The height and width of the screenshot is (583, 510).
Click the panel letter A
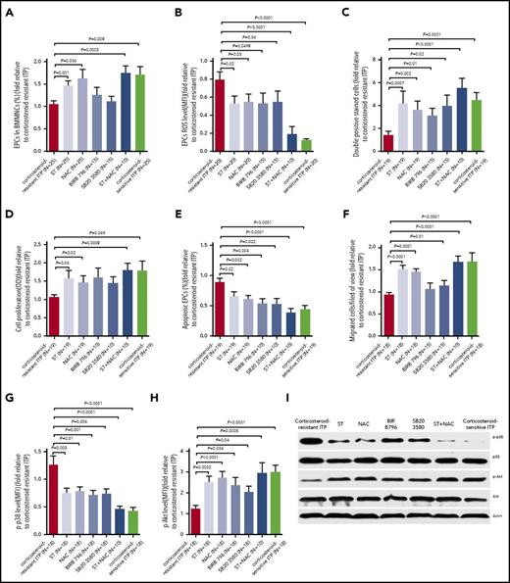click(x=9, y=8)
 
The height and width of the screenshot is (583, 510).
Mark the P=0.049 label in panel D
click(x=90, y=205)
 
